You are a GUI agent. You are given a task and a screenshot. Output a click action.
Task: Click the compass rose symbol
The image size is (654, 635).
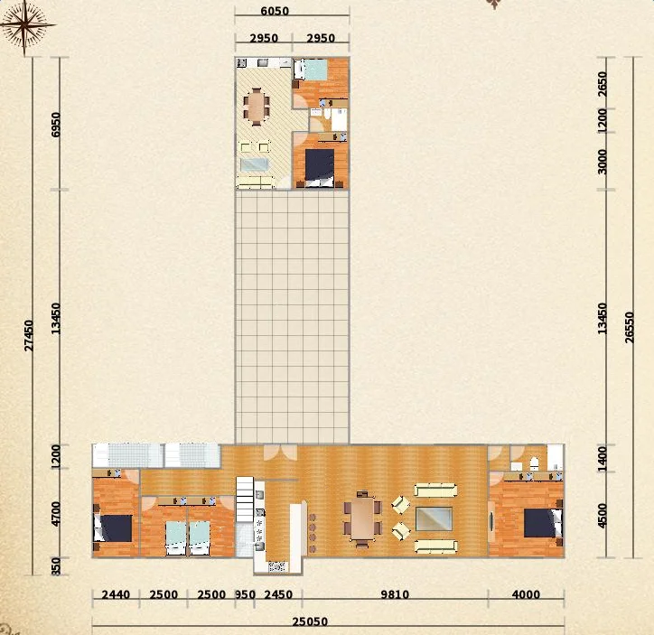pyautogui.click(x=24, y=25)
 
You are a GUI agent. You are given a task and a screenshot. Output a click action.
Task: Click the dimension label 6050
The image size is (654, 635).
pyautogui.click(x=275, y=11)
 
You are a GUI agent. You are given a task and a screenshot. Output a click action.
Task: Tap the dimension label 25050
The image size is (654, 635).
pyautogui.click(x=310, y=621)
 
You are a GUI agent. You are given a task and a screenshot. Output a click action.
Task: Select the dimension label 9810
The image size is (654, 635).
pyautogui.click(x=395, y=594)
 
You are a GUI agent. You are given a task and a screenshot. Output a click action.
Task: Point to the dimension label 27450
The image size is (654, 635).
pyautogui.click(x=29, y=336)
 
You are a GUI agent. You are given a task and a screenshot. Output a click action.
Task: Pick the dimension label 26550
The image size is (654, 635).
pyautogui.click(x=630, y=328)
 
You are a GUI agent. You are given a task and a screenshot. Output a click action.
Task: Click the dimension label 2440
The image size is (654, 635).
pyautogui.click(x=116, y=594)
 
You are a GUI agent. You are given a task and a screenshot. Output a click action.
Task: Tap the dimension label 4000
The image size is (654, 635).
pyautogui.click(x=526, y=594)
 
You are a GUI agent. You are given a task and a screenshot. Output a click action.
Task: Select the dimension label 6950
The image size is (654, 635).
pyautogui.click(x=55, y=125)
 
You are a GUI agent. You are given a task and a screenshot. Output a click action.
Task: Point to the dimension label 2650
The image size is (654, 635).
pyautogui.click(x=602, y=84)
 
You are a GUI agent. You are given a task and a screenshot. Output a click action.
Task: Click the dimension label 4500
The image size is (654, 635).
pyautogui.click(x=602, y=516)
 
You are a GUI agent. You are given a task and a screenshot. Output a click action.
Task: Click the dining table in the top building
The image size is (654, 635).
pyautogui.click(x=257, y=107)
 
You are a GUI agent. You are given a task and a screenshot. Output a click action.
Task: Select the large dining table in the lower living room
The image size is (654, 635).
pyautogui.click(x=362, y=518)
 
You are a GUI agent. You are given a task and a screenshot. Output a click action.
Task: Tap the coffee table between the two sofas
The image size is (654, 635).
pyautogui.click(x=434, y=518)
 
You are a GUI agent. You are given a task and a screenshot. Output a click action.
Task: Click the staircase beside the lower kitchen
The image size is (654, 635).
pyautogui.click(x=246, y=500)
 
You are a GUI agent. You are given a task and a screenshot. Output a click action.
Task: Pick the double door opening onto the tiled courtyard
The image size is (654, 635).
pyautogui.click(x=281, y=452)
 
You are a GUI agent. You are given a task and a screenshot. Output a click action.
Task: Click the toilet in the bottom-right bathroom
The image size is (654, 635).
pyautogui.click(x=534, y=463)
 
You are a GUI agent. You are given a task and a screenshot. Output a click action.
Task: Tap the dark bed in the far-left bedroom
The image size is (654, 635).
pyautogui.click(x=113, y=528)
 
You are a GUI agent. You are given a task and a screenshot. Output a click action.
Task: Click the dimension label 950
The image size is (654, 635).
pyautogui.click(x=245, y=594)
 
